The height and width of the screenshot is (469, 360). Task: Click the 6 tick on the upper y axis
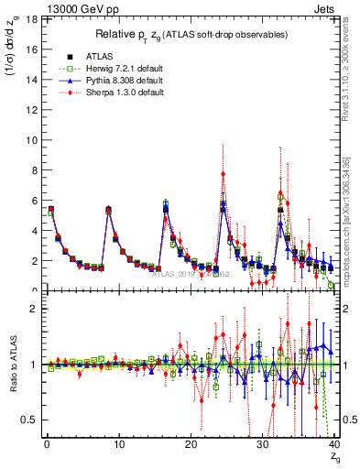pyautogui.click(x=35, y=201)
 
